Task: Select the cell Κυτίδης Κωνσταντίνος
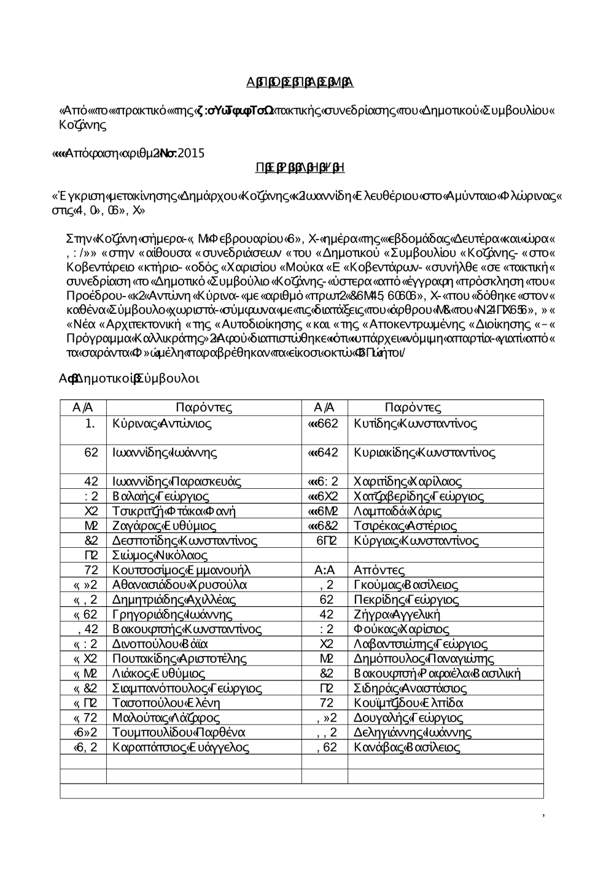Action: coord(415,424)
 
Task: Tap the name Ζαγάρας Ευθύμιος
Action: coord(164,526)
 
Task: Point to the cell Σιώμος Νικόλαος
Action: coord(160,556)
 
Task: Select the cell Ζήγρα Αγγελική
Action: coord(397,615)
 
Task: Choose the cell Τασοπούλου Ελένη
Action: coord(166,703)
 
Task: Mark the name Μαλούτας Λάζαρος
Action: coord(166,718)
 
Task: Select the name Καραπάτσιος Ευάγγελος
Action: coord(181,747)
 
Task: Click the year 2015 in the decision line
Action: coord(191,154)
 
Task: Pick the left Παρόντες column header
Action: coord(203,408)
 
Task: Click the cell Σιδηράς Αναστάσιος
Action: coord(410,688)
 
